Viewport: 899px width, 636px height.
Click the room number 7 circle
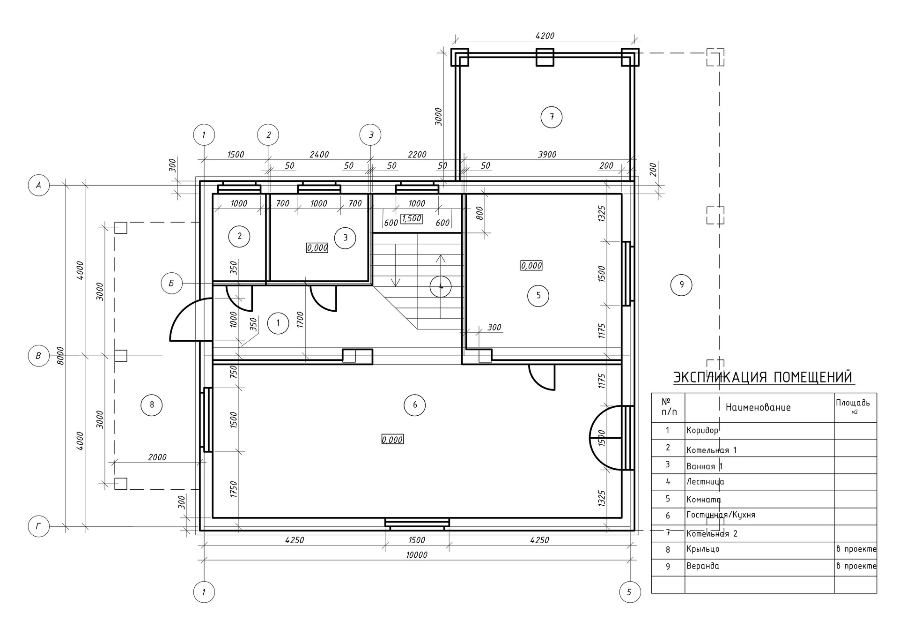(551, 117)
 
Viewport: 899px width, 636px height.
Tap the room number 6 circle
(414, 405)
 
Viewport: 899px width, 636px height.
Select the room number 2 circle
(239, 236)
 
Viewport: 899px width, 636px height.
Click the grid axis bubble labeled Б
(172, 283)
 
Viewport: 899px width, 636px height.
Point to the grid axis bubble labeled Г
(39, 527)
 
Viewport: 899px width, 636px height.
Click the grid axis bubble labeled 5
(629, 592)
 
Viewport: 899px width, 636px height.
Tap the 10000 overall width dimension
(417, 555)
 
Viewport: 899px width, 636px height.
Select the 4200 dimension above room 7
(545, 36)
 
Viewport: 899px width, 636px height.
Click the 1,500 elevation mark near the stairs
(412, 218)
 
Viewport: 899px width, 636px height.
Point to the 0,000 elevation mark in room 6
(392, 440)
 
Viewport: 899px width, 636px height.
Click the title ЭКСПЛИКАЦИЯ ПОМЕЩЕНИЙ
(763, 377)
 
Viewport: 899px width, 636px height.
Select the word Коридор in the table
(702, 430)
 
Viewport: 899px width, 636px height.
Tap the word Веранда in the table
(702, 566)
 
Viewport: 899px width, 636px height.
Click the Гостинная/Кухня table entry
(721, 515)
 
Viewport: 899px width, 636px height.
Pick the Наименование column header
(758, 408)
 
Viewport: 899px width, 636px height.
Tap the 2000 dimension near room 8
(157, 457)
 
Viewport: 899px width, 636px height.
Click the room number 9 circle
(681, 284)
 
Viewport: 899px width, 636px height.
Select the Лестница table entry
(705, 482)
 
